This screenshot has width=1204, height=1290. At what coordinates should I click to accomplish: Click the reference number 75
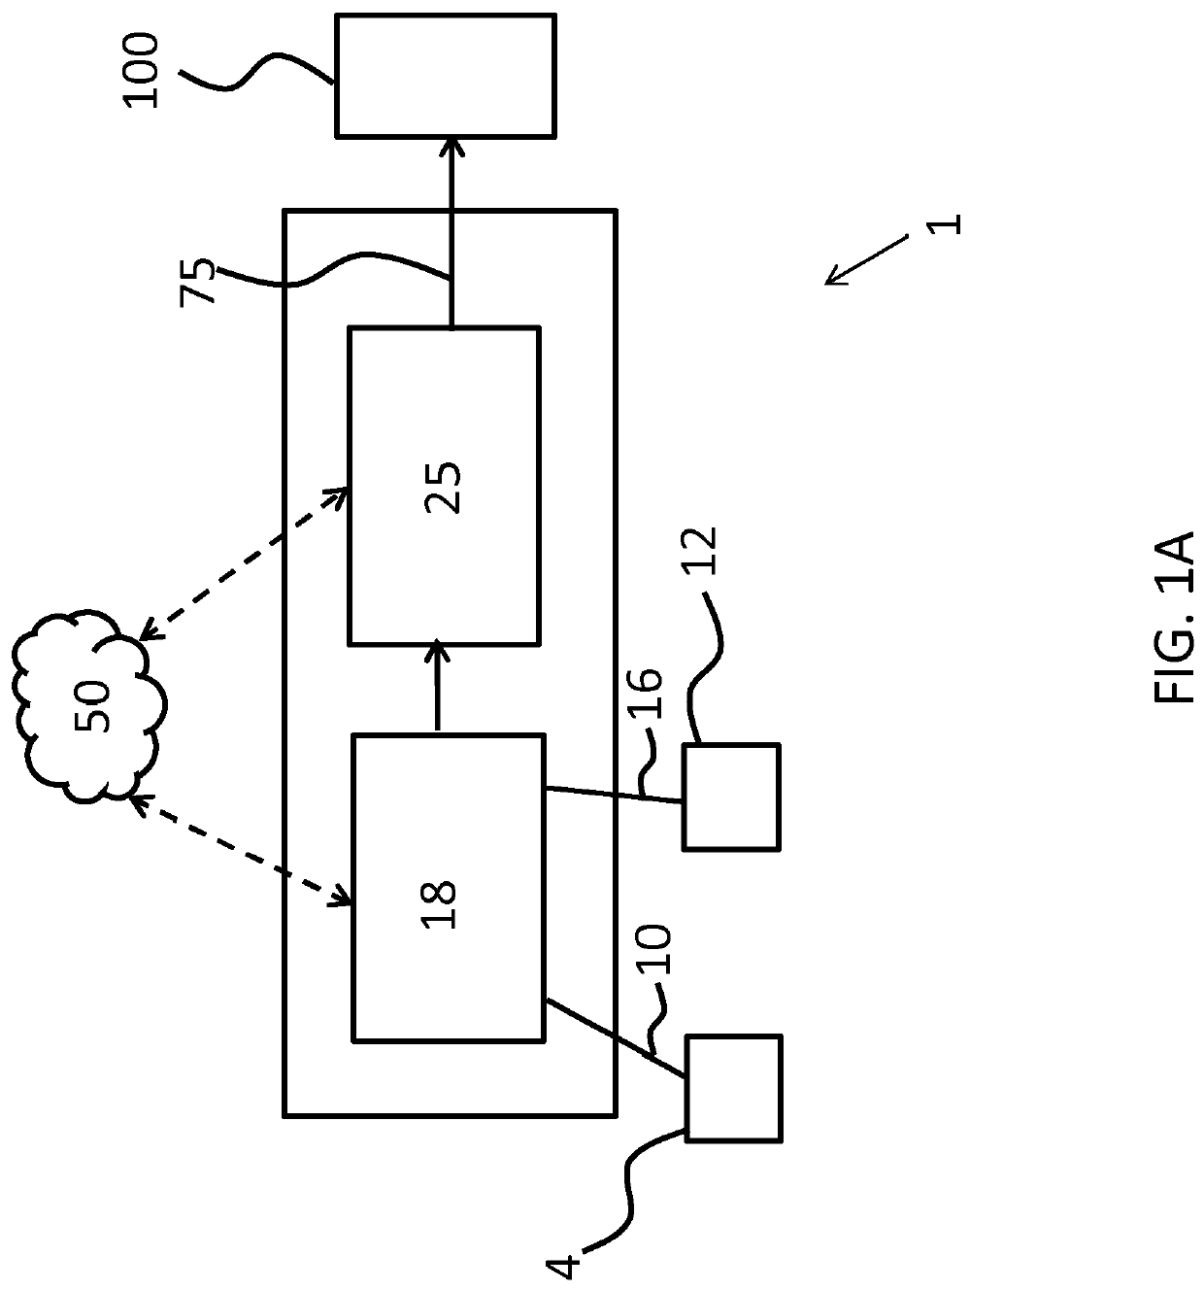[199, 283]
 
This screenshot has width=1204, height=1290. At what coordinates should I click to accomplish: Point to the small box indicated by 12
[730, 797]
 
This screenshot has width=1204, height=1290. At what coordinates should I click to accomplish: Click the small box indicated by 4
[733, 1088]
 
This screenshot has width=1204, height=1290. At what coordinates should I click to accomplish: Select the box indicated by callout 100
[445, 75]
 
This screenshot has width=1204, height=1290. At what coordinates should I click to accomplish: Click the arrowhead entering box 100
[451, 146]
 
